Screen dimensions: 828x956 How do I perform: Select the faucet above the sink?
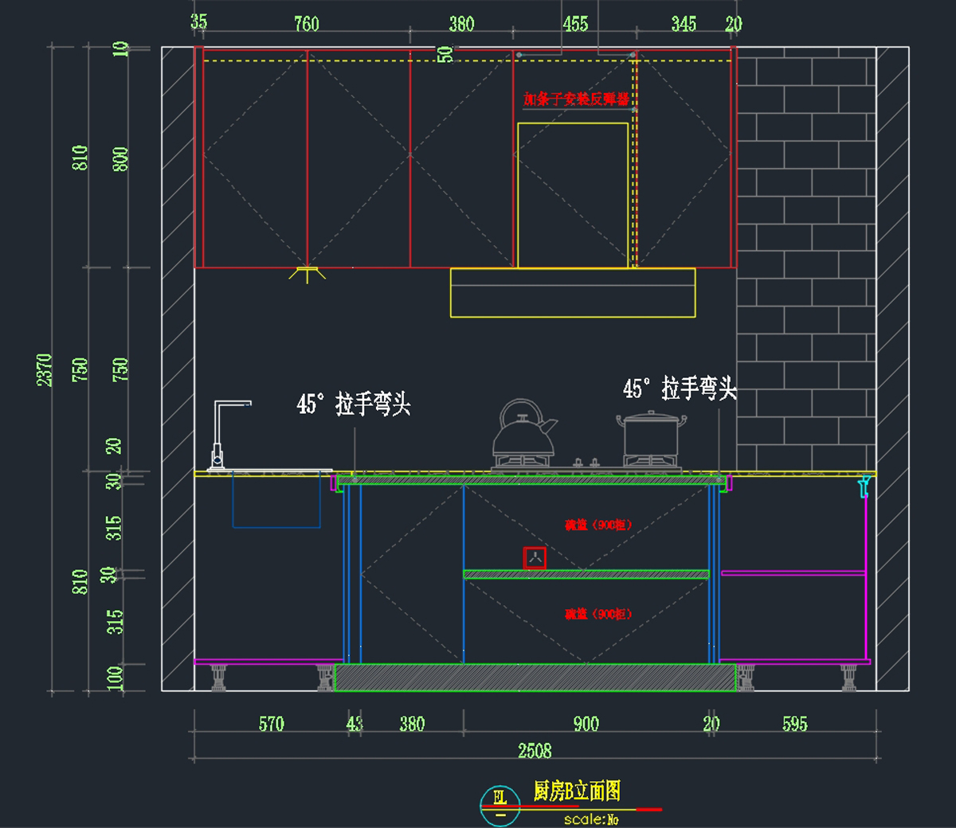(223, 434)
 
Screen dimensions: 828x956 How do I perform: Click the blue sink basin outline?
(276, 500)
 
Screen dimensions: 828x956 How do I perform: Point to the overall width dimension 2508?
(535, 751)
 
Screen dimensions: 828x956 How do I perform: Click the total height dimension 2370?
(45, 370)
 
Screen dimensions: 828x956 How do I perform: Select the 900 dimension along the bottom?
(586, 724)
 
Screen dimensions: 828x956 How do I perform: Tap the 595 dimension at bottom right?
(794, 724)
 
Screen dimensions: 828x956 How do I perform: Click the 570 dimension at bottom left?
(271, 724)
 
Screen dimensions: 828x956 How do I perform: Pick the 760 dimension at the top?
(307, 24)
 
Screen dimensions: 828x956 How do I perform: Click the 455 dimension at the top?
(575, 24)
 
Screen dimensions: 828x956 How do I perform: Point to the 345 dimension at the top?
(684, 24)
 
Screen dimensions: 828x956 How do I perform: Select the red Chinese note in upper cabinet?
(575, 100)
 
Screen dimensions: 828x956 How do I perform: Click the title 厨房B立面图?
(577, 791)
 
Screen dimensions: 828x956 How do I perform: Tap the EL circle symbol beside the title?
(500, 804)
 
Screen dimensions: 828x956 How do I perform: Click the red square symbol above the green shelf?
(535, 557)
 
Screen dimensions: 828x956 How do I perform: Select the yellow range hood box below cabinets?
(572, 293)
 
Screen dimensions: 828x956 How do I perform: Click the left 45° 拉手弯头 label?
(354, 404)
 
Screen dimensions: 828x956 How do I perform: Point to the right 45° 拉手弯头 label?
(680, 389)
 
